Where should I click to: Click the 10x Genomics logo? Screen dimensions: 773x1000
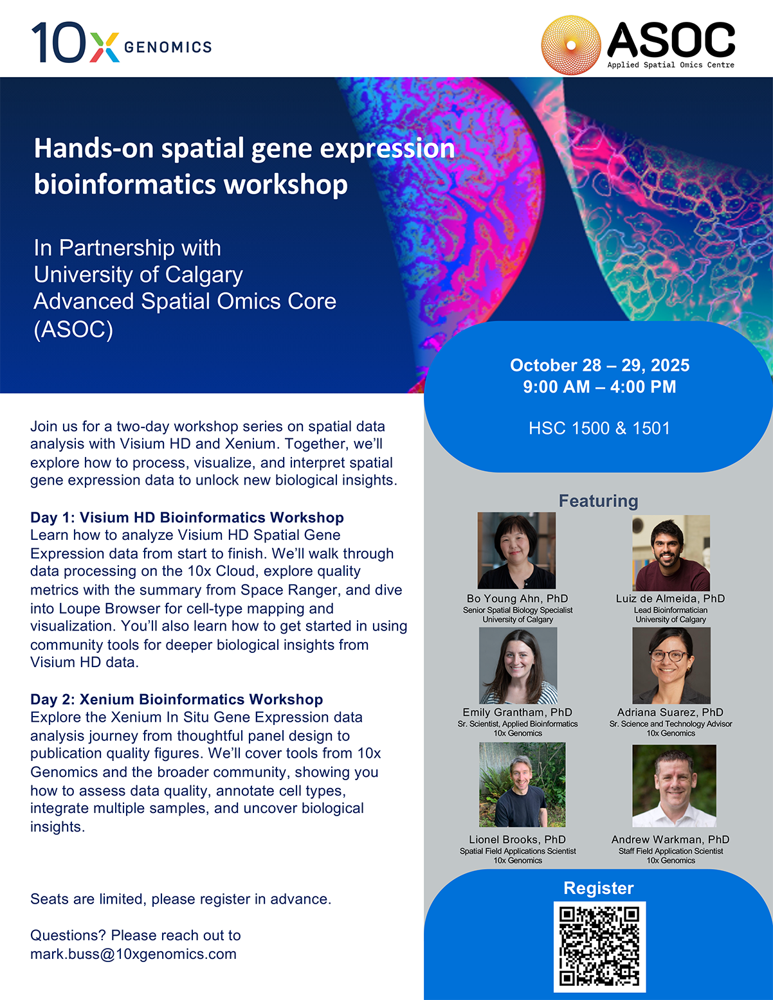[122, 42]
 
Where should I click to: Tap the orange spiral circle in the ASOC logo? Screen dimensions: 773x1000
[571, 45]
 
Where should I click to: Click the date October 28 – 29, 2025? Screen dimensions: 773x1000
[599, 365]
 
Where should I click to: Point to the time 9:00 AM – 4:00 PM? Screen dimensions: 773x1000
[599, 386]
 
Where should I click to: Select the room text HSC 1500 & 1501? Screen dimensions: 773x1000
[599, 428]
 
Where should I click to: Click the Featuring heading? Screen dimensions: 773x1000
[599, 501]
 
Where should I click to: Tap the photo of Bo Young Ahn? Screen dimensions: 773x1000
[516, 550]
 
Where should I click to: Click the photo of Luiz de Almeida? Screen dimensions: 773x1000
[671, 553]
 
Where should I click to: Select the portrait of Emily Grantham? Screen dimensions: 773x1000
[518, 665]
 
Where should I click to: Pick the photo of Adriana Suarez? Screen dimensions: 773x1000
[671, 665]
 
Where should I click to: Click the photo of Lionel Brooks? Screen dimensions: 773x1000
[522, 785]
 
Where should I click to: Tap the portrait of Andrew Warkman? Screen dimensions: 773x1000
[674, 786]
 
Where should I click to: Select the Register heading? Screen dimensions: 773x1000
[599, 888]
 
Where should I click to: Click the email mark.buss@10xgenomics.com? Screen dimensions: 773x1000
[134, 954]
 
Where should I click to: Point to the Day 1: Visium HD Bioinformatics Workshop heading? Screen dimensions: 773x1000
[187, 517]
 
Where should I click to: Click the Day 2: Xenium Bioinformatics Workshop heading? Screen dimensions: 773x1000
[177, 699]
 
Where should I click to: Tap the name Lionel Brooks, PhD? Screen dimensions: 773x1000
[518, 839]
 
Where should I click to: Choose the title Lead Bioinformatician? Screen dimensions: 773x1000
[671, 610]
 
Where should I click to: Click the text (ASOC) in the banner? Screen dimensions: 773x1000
[73, 329]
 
